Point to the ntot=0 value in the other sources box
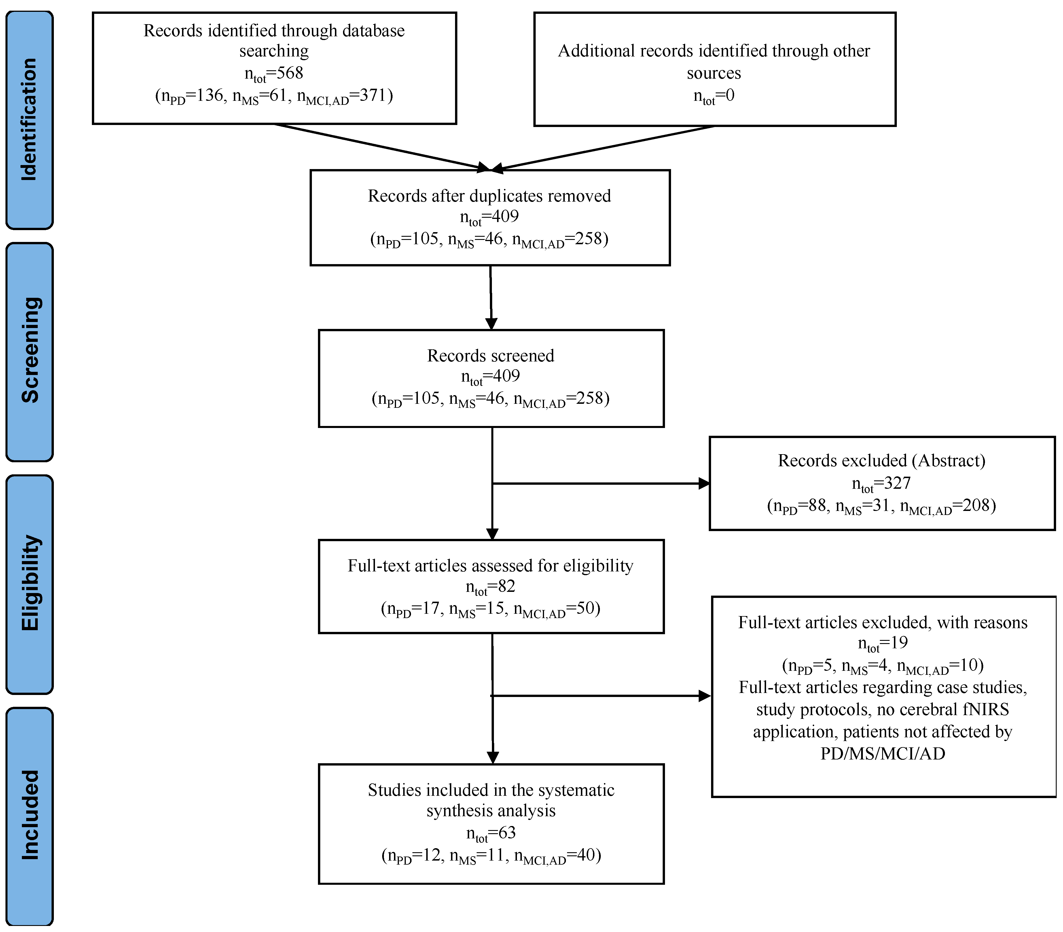[714, 96]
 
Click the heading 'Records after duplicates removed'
[489, 196]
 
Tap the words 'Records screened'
[490, 356]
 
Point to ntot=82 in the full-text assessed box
[490, 587]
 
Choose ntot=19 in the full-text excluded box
[882, 643]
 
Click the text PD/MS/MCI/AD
[882, 754]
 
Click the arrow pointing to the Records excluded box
[601, 484]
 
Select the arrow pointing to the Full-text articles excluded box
[601, 696]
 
